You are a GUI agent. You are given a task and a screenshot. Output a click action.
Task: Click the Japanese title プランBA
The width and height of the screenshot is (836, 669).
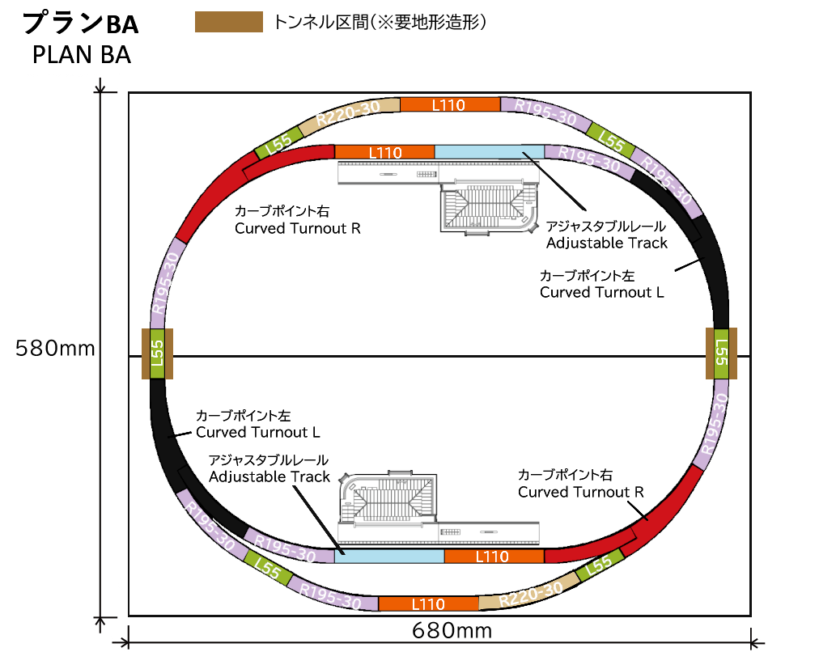point(80,23)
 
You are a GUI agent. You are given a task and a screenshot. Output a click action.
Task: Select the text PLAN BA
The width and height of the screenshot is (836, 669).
point(82,55)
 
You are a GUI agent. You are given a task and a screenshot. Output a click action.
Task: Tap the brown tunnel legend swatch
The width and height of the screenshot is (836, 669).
point(229,22)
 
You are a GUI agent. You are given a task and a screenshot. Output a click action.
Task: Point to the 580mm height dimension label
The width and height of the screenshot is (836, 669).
point(55,348)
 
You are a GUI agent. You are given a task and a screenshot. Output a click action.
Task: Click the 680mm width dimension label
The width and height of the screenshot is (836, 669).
point(452,631)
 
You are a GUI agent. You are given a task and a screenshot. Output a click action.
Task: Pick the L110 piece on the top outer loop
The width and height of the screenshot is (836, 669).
point(450,104)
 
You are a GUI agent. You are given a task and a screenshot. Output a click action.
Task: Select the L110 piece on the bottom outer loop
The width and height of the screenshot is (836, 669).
point(429,604)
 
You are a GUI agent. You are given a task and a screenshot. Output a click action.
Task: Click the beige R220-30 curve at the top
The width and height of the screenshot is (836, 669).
point(350,114)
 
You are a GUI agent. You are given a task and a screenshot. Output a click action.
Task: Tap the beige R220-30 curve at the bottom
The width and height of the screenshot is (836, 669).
point(530,592)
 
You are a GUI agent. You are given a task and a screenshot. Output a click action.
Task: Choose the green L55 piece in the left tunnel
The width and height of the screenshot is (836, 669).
point(157,354)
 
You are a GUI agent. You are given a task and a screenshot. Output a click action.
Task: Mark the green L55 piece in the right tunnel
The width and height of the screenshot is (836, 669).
point(721,354)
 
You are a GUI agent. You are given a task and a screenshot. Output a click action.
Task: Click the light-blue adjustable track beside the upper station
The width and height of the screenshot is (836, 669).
point(490,152)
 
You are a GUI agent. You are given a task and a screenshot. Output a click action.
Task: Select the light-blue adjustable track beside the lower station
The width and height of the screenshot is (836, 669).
point(389,556)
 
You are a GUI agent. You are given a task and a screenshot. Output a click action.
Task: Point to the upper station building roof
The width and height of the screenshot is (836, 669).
point(489,207)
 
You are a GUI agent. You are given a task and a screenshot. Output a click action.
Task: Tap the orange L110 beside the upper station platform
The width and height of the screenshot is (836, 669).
point(384,152)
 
